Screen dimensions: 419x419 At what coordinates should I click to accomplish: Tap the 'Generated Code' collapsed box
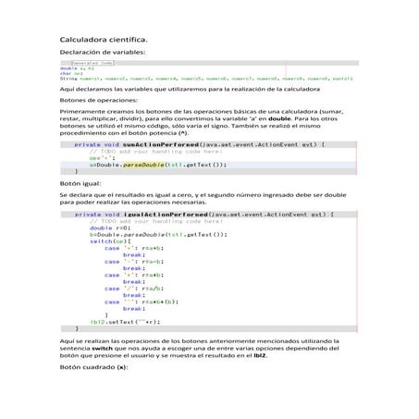pos(92,64)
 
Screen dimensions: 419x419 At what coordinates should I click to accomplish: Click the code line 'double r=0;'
pos(106,228)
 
